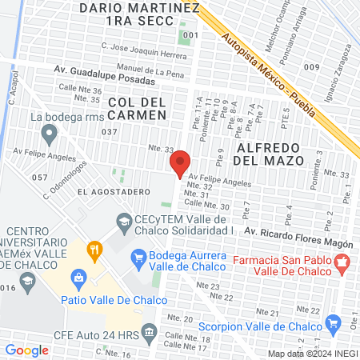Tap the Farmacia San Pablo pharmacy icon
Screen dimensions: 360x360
342,261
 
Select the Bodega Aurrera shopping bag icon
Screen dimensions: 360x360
135,258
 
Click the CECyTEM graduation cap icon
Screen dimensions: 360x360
125,221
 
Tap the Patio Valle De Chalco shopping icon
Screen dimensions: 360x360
78,278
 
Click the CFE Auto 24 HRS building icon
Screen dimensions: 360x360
150,332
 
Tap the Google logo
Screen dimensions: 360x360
26,350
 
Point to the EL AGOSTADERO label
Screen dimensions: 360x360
108,193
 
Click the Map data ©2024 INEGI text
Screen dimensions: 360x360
311,354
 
